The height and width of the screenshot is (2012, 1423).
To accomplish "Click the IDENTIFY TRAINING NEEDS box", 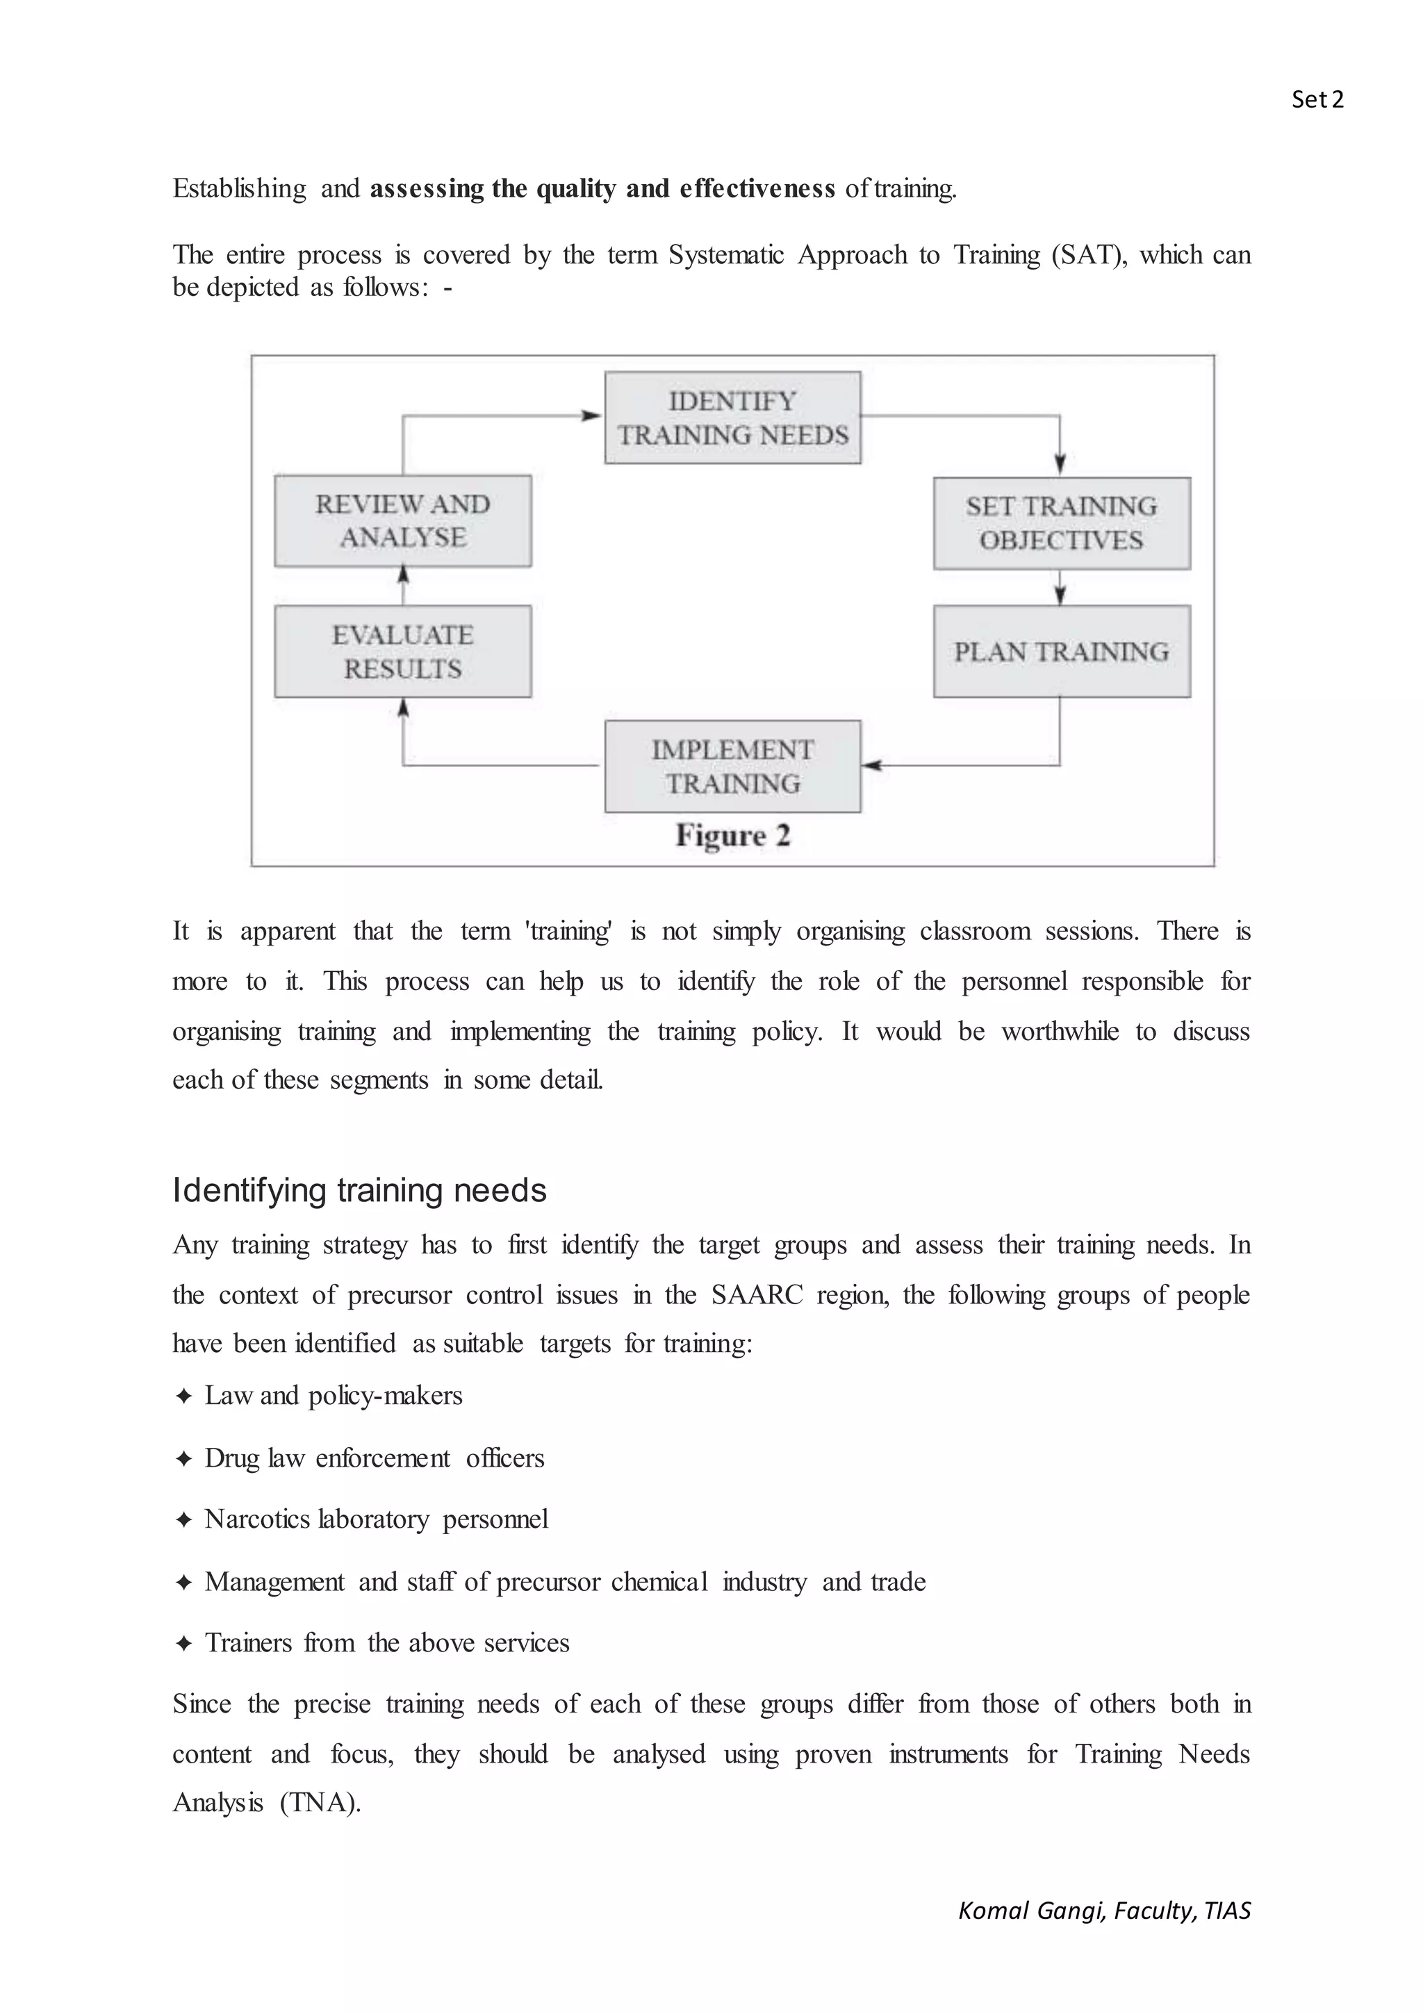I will (x=732, y=418).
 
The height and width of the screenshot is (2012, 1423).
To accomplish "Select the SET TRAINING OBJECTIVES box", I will (x=1061, y=523).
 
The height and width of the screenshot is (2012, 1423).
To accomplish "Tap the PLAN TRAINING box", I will (x=1061, y=651).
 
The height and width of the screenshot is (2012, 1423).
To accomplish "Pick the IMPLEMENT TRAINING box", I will (x=732, y=766).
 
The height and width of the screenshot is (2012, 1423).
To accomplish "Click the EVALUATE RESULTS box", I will (x=403, y=651).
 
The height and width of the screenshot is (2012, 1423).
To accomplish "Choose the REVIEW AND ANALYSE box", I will (x=403, y=520).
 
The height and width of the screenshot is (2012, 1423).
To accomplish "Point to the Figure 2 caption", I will (x=732, y=835).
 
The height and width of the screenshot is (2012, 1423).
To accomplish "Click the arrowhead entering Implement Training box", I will (x=871, y=766).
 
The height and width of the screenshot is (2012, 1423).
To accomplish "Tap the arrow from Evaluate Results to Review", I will (x=403, y=584).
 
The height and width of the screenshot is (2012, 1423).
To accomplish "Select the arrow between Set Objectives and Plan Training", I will (x=1060, y=587).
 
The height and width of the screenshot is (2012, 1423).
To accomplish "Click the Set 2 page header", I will (x=1316, y=100).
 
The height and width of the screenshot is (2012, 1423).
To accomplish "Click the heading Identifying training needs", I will (x=359, y=1190).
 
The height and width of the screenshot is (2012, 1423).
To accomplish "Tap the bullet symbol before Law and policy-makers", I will (x=183, y=1396).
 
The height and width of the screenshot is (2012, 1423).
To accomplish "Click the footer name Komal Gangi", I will (x=1029, y=1911).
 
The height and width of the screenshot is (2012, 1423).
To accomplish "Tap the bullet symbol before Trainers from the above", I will (x=183, y=1643).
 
